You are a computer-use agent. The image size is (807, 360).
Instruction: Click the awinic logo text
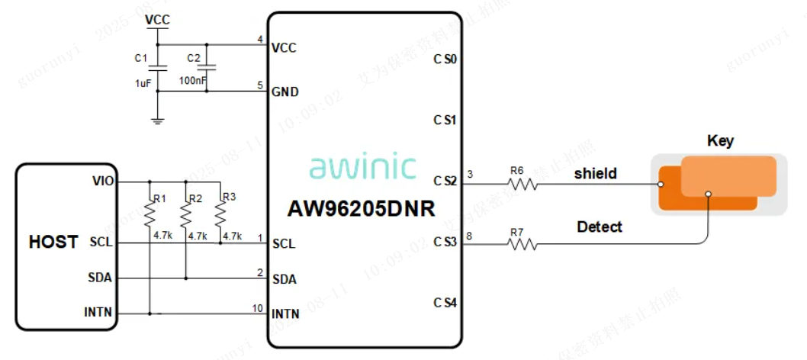(362, 166)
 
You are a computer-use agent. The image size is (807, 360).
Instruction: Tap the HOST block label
(53, 242)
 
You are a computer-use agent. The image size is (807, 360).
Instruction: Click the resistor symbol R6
(522, 183)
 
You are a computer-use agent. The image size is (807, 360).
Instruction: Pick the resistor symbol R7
(522, 244)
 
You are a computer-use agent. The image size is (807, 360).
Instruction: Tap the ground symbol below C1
(157, 120)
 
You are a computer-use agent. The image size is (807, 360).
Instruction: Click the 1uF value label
(143, 83)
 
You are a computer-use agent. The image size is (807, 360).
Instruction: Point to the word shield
(595, 174)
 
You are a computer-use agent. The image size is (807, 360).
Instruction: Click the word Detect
(599, 227)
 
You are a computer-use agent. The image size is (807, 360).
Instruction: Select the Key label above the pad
(720, 140)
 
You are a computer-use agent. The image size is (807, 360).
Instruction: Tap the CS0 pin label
(445, 59)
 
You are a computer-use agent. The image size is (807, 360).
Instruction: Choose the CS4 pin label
(445, 303)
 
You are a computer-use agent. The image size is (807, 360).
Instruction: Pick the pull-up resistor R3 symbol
(220, 215)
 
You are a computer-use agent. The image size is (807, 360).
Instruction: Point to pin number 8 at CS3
(469, 236)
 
